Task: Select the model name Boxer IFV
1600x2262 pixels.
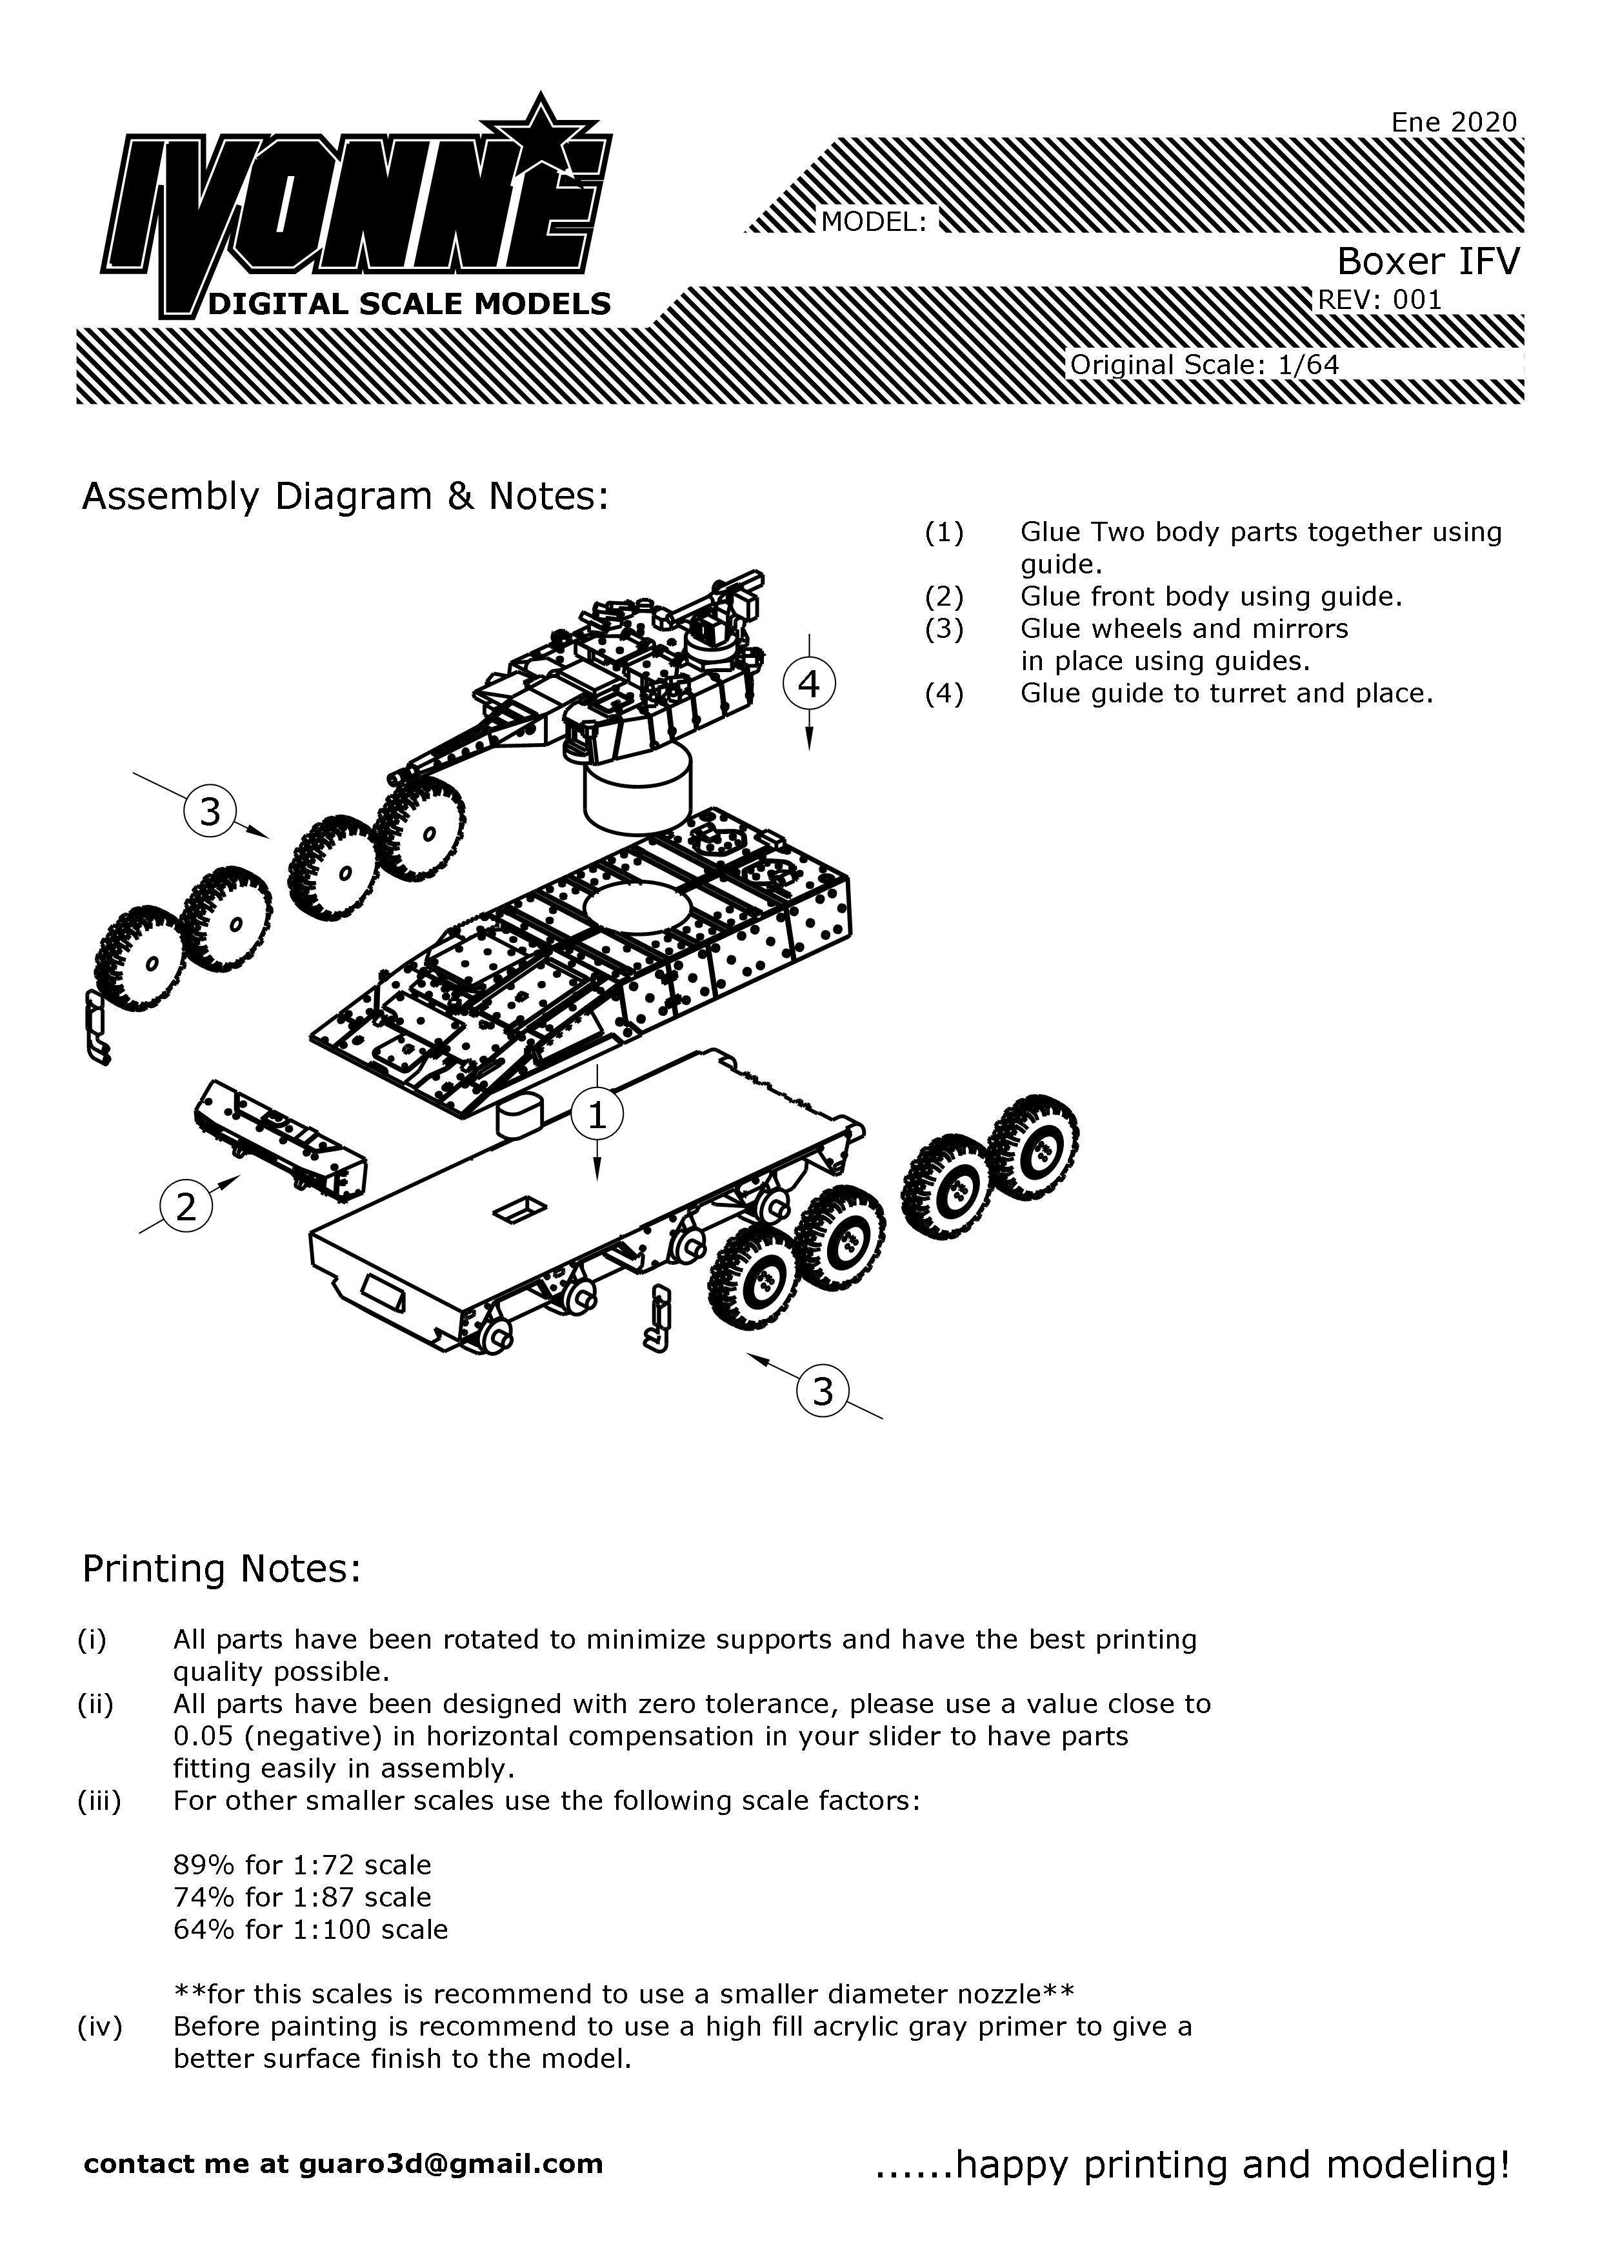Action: pos(1428,261)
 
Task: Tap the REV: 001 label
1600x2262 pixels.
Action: pos(1379,299)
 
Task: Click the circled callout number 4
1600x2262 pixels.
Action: pos(809,684)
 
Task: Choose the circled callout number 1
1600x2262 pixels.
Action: pos(597,1115)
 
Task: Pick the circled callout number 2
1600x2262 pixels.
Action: pos(186,1206)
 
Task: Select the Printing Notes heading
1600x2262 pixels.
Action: pos(222,1569)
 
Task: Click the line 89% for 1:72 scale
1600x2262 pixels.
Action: pos(303,1865)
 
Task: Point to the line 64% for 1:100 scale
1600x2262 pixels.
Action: pos(310,1929)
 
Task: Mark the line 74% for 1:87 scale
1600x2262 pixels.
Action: pos(303,1898)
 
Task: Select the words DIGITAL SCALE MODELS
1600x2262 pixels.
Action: pos(410,303)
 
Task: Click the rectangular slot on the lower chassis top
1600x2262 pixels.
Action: pos(521,1211)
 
